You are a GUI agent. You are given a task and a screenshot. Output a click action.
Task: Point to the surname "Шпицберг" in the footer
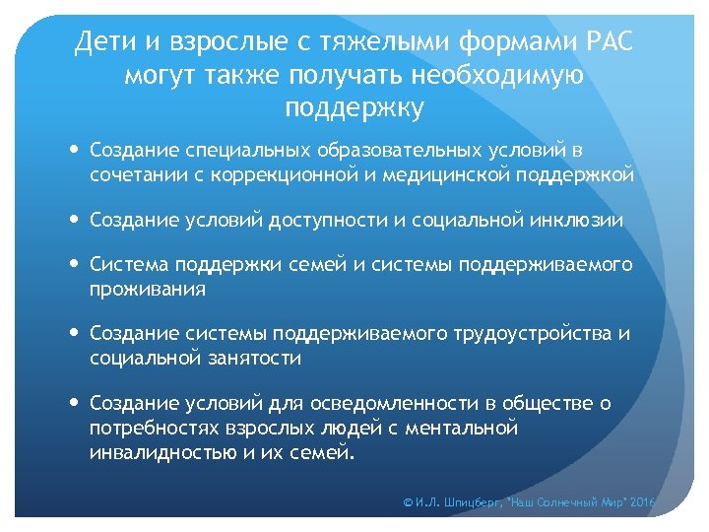click(x=471, y=502)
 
